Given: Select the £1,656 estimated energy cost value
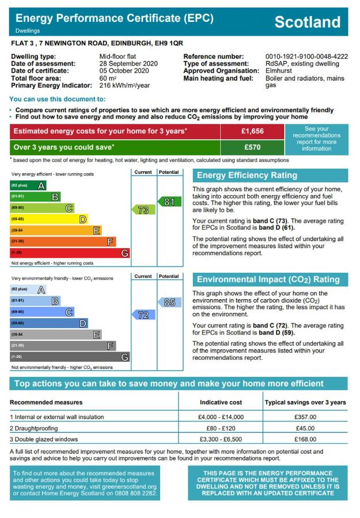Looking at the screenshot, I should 252,131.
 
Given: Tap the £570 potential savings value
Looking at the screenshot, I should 252,147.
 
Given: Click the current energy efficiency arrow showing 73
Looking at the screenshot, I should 143,210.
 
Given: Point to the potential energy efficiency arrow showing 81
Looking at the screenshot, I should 168,202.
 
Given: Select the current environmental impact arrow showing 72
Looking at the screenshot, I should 143,315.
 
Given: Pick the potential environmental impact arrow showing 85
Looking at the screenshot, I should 168,302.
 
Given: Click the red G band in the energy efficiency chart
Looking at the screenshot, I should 70,253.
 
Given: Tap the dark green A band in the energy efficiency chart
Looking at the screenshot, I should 28,185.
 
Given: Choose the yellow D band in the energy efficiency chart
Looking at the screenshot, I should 49,219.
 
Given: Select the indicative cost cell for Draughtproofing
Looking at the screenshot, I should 221,428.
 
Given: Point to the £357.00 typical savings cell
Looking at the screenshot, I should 305,417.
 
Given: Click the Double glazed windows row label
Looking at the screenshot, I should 46,439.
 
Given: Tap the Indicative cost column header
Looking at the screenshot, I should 221,402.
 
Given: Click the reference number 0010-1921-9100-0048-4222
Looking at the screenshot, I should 306,56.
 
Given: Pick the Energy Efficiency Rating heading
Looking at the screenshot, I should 248,176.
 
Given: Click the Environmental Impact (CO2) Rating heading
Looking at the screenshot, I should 268,280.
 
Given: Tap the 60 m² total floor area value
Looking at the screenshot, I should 108,78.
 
